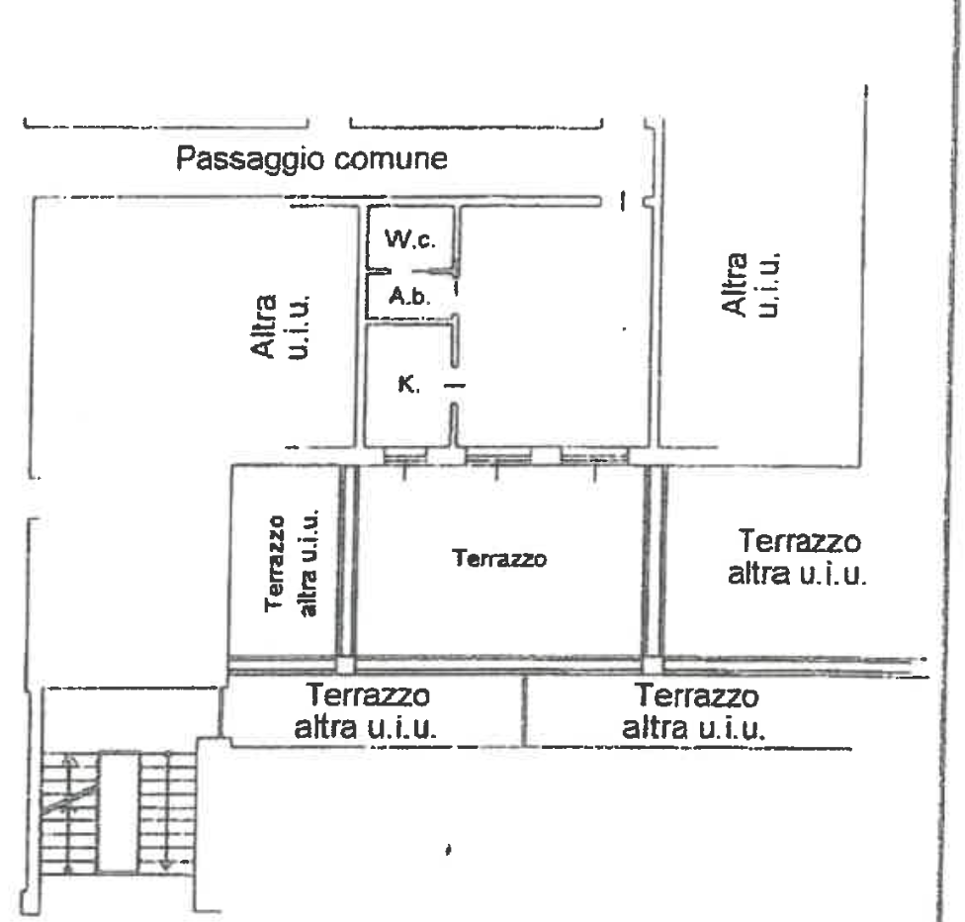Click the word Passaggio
click(x=249, y=159)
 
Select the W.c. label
click(x=410, y=238)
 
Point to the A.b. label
click(x=409, y=296)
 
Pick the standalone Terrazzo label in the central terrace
click(x=499, y=558)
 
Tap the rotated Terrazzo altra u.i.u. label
click(x=292, y=563)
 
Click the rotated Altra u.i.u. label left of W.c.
click(x=280, y=326)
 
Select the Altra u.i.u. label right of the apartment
click(x=750, y=284)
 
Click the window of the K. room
click(x=405, y=456)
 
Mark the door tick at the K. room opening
click(x=455, y=386)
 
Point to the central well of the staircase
click(x=119, y=812)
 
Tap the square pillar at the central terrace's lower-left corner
click(x=346, y=665)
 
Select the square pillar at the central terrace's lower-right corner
click(x=653, y=665)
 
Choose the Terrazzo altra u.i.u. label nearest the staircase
click(x=367, y=710)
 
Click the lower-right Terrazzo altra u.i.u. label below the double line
click(x=694, y=711)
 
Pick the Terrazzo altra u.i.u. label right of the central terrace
click(x=798, y=556)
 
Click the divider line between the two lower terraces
click(x=524, y=711)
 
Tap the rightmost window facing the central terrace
click(x=594, y=457)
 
